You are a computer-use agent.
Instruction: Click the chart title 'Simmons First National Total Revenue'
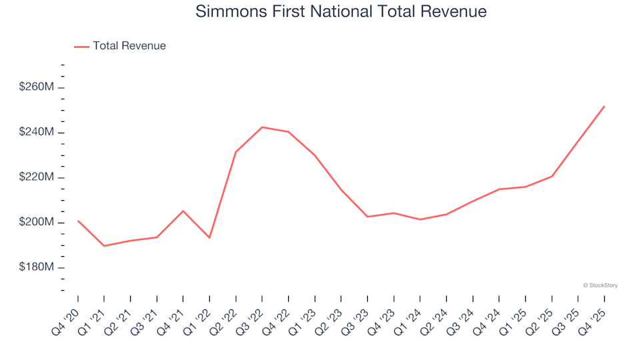click(x=341, y=12)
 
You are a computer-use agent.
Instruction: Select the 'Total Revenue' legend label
click(x=129, y=46)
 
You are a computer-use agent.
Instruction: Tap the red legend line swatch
click(x=81, y=47)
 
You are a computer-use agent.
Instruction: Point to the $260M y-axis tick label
click(x=37, y=87)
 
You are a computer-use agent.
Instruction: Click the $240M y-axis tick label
click(x=37, y=133)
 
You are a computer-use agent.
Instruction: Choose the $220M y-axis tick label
click(x=37, y=177)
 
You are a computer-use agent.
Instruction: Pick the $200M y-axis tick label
click(x=37, y=222)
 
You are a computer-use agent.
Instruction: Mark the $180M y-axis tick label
click(x=37, y=267)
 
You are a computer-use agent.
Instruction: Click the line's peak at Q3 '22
click(x=262, y=127)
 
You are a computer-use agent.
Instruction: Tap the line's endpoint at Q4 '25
click(x=604, y=106)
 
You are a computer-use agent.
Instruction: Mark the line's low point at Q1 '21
click(x=104, y=246)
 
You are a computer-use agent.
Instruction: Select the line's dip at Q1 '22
click(x=209, y=237)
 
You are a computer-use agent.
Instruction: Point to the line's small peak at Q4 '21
click(x=183, y=211)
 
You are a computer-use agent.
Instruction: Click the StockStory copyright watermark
click(x=600, y=285)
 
